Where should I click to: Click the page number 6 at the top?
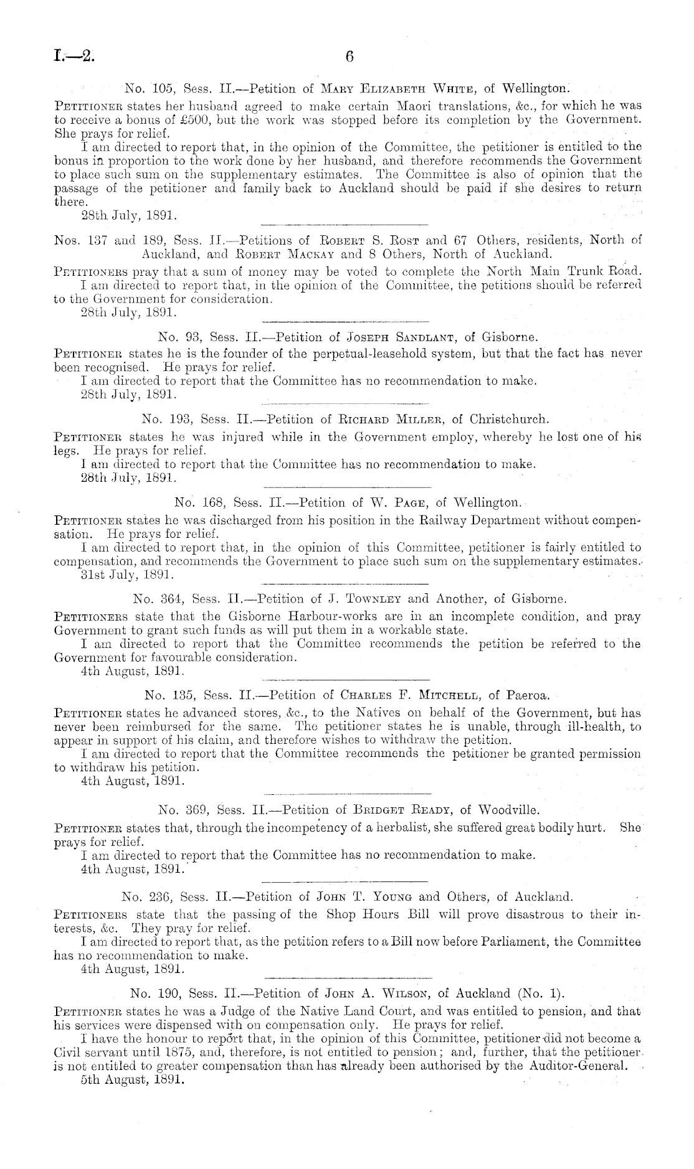coord(349,57)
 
